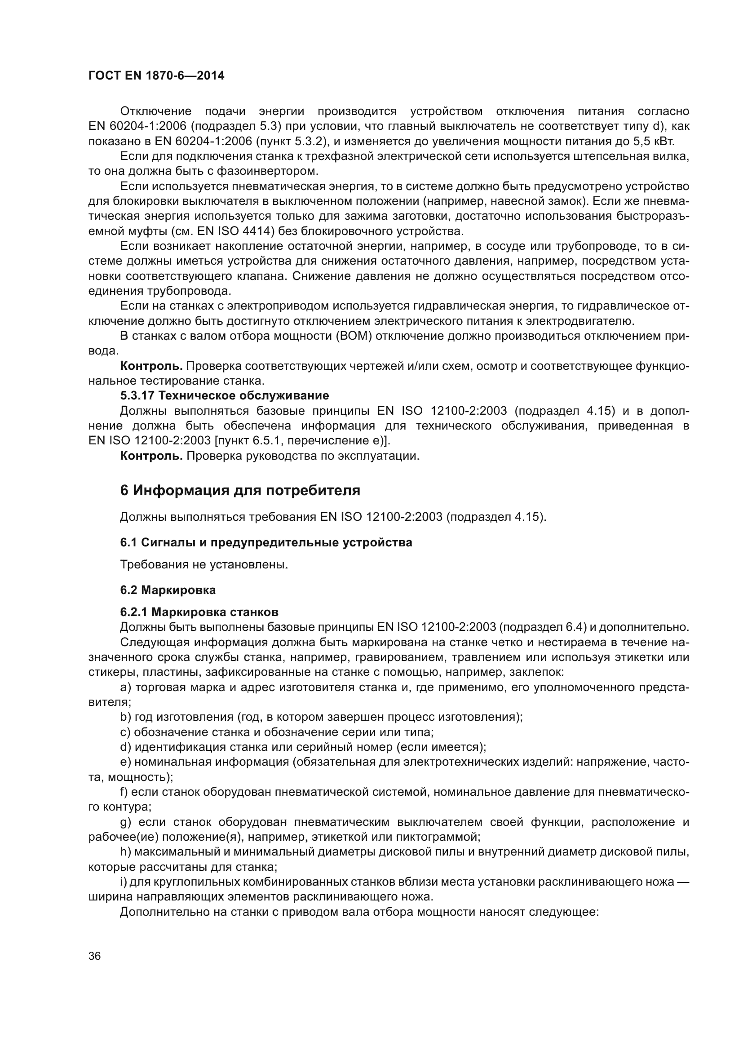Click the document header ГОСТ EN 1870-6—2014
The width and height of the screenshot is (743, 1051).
point(156,76)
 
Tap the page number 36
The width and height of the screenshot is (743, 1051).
point(95,956)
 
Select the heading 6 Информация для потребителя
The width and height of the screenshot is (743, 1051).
point(240,491)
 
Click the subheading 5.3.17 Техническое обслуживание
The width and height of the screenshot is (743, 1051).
point(224,395)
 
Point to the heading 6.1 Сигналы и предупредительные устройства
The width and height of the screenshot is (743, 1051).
point(266,543)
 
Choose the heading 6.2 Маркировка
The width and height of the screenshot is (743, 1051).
point(168,590)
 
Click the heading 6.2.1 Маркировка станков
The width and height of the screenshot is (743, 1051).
point(199,612)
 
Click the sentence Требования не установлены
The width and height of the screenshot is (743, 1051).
point(203,565)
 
